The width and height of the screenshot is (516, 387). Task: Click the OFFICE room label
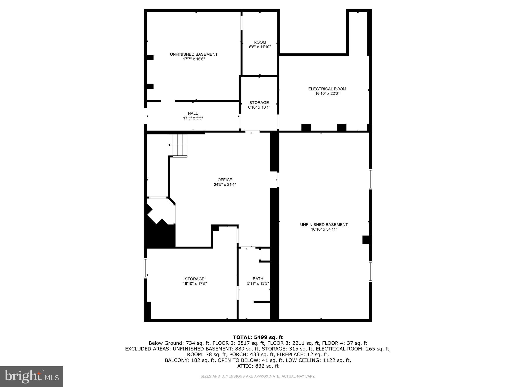click(225, 180)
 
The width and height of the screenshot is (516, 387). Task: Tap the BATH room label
click(258, 279)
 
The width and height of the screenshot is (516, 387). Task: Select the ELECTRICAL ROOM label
click(327, 89)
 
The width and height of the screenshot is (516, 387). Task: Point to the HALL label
click(193, 113)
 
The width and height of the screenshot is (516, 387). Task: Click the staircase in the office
click(178, 145)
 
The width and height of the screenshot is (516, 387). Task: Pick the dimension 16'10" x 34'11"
click(324, 229)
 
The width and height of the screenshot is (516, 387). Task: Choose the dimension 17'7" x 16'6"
click(194, 59)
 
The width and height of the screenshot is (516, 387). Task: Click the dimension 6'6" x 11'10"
click(260, 47)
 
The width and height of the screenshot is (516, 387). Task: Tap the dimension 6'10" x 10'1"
click(259, 107)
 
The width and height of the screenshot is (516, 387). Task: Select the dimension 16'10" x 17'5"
click(195, 283)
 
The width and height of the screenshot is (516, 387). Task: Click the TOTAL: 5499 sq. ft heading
click(258, 337)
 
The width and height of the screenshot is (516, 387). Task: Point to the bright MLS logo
click(31, 376)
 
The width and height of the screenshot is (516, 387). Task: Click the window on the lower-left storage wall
click(145, 268)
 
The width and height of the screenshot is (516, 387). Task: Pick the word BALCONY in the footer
click(176, 360)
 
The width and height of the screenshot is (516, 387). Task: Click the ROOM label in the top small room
click(260, 42)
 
